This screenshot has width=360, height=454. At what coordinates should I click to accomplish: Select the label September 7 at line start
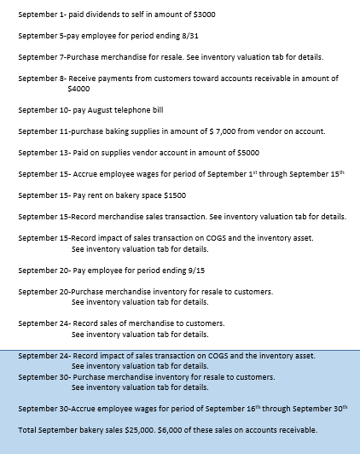pyautogui.click(x=41, y=57)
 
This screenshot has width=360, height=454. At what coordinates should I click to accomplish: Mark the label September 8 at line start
pyautogui.click(x=41, y=79)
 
